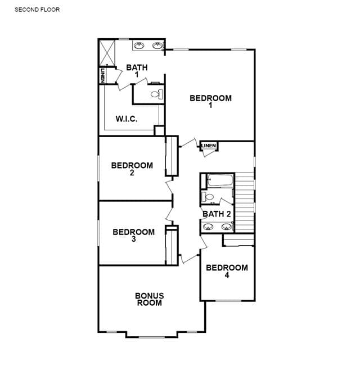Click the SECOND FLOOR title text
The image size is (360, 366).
click(x=37, y=10)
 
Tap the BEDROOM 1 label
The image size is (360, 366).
click(x=210, y=101)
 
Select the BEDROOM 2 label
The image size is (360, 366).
click(x=132, y=169)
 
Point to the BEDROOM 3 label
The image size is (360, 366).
click(x=133, y=235)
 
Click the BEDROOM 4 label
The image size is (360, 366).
click(x=227, y=271)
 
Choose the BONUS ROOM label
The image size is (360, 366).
click(x=150, y=299)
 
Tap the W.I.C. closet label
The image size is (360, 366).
click(x=127, y=119)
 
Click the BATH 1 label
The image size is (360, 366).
click(x=137, y=71)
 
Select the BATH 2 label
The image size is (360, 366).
click(x=217, y=214)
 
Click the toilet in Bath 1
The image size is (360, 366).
click(x=157, y=94)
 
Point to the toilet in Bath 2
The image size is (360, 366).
click(x=208, y=197)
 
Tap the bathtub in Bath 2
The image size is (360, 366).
click(x=220, y=180)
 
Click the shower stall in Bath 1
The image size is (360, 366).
click(x=107, y=53)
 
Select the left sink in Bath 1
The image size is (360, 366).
click(x=139, y=46)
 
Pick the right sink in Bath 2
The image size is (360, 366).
click(x=226, y=227)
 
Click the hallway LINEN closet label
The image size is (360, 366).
click(x=209, y=146)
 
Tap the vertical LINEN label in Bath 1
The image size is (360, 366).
click(x=102, y=75)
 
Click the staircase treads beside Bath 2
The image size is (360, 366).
click(x=244, y=202)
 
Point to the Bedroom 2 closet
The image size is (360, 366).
click(x=172, y=156)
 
